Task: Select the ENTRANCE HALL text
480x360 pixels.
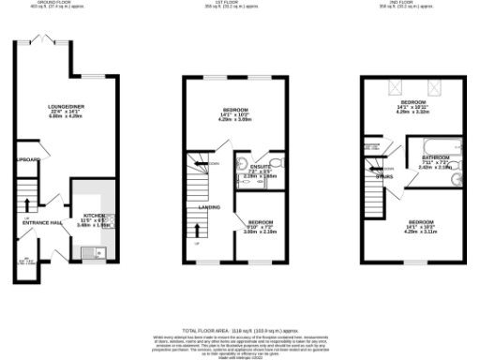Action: click(x=42, y=223)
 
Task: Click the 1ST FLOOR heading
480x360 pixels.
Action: click(x=225, y=3)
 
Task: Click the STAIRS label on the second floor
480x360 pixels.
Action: click(x=384, y=174)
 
